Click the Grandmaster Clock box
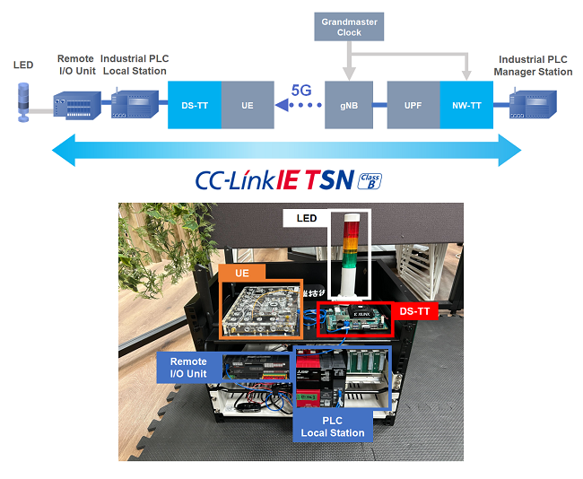click(349, 26)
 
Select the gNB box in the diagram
click(350, 105)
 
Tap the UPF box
click(413, 105)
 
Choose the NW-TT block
click(466, 105)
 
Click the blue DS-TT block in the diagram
click(195, 105)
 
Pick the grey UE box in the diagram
click(248, 105)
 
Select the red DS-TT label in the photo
click(412, 310)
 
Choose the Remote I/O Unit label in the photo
click(189, 366)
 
